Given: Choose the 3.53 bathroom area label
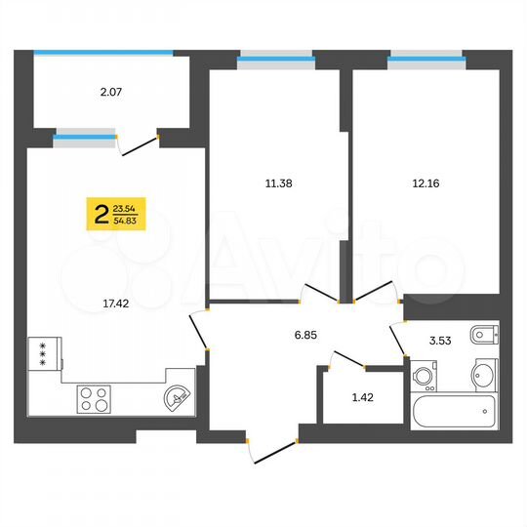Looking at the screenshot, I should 445,342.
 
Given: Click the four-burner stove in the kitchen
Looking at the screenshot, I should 94,397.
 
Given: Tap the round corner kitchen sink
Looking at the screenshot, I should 176,397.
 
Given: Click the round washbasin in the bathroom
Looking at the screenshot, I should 484,374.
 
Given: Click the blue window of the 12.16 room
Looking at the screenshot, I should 426,60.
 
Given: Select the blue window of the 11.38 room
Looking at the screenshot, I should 276,60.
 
